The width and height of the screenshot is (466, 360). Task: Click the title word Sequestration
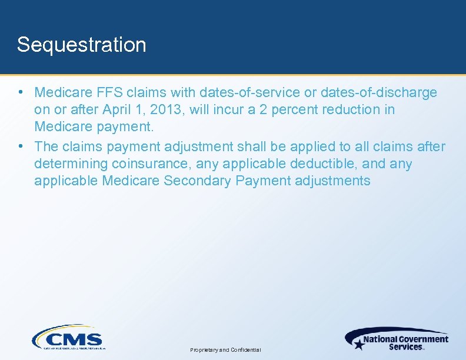point(81,45)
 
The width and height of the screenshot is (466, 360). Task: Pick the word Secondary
point(197,181)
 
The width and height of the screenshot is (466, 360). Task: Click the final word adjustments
point(333,181)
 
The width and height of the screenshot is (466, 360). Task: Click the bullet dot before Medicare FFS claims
point(21,92)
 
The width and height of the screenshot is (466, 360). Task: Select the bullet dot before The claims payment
point(21,146)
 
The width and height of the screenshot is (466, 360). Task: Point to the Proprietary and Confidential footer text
point(225,350)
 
